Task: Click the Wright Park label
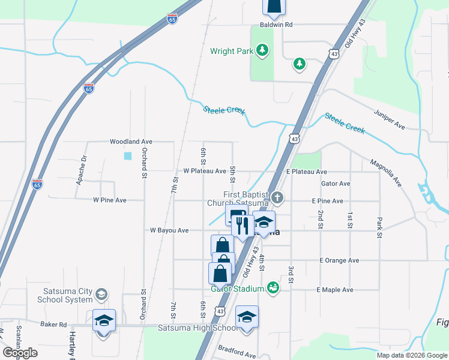[x=232, y=51]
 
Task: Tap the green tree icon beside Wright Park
[x=262, y=50]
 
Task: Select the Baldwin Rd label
[x=276, y=25]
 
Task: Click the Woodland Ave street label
[x=131, y=142]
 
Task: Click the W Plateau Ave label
[x=205, y=171]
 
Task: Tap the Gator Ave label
[x=336, y=184]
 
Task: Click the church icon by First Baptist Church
[x=277, y=197]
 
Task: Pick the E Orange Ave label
[x=339, y=260]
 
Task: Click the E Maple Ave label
[x=335, y=290]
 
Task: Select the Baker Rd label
[x=53, y=324]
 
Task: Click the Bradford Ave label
[x=237, y=353]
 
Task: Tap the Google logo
[x=20, y=353]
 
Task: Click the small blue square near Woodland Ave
[x=127, y=156]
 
